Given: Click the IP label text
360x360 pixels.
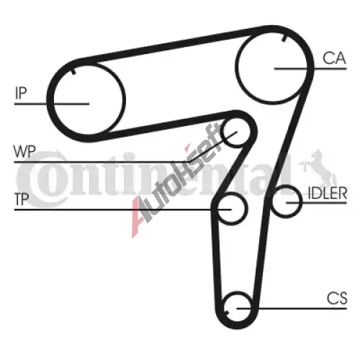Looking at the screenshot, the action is coord(21,93).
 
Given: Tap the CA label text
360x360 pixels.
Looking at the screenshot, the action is coord(334,58).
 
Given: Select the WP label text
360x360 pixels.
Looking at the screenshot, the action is coord(24,151).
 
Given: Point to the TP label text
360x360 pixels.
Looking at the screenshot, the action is coord(22,199).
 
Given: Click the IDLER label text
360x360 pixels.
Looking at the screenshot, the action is coord(328,193).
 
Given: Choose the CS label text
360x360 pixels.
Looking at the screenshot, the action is coord(337,298).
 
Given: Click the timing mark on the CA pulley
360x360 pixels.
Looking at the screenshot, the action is coord(284,37).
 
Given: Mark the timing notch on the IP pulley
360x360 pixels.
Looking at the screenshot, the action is coord(73,71).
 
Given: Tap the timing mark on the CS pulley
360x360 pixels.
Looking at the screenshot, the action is coord(227,311).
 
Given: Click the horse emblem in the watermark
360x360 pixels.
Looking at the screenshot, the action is coord(318,168).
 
